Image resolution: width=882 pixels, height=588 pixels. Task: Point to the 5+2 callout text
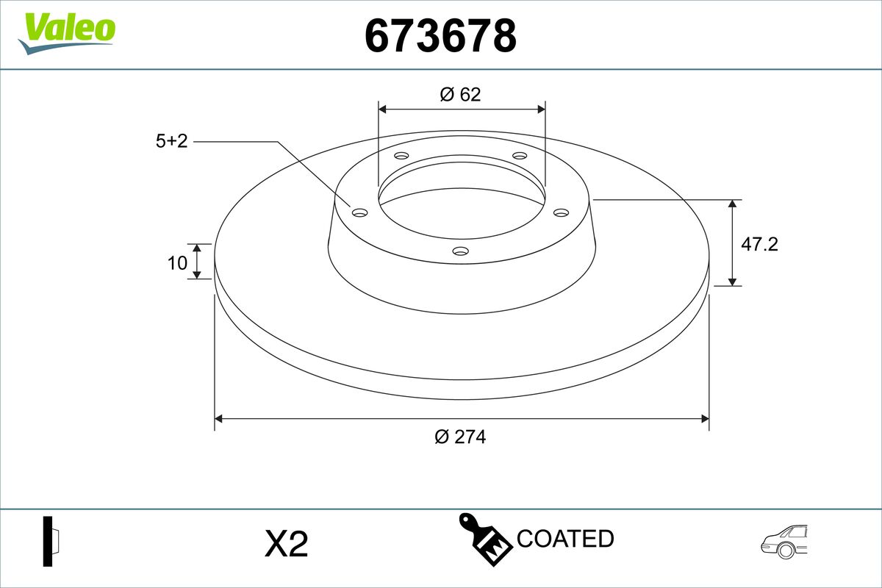pyautogui.click(x=171, y=141)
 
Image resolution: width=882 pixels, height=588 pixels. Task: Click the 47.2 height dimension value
pyautogui.click(x=759, y=244)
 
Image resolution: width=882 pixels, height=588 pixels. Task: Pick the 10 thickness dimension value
pyautogui.click(x=177, y=262)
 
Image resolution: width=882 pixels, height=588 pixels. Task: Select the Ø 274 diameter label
pyautogui.click(x=460, y=437)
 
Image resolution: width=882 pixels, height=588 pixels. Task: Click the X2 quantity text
pyautogui.click(x=286, y=544)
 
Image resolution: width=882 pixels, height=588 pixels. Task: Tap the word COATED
pyautogui.click(x=565, y=539)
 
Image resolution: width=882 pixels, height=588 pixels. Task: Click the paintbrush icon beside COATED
pyautogui.click(x=484, y=541)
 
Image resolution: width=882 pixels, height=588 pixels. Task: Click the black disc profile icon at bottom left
pyautogui.click(x=50, y=541)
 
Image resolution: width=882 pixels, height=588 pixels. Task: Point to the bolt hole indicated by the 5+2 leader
pyautogui.click(x=359, y=212)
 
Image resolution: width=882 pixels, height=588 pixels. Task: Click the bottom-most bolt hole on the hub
pyautogui.click(x=460, y=251)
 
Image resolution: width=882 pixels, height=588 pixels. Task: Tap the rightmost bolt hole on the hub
pyautogui.click(x=561, y=212)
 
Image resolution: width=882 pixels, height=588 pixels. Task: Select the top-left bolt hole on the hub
pyautogui.click(x=401, y=156)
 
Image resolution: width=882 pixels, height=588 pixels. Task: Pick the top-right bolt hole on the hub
pyautogui.click(x=520, y=156)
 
